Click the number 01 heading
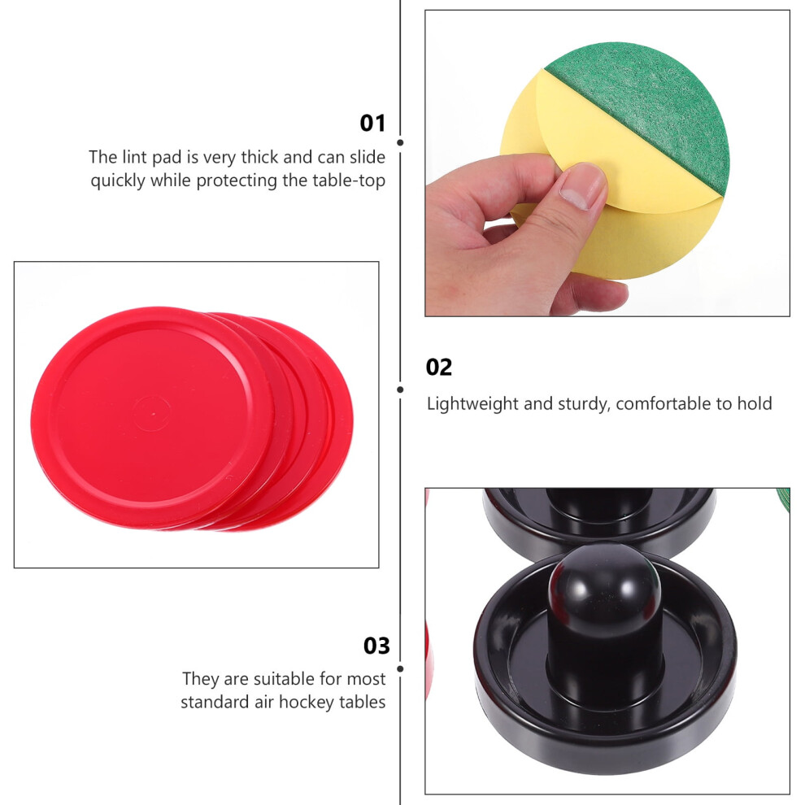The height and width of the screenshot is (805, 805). pyautogui.click(x=372, y=124)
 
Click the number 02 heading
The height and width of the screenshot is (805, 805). pyautogui.click(x=439, y=367)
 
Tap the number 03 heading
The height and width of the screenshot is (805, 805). pyautogui.click(x=376, y=646)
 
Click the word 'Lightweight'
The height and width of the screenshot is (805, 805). pyautogui.click(x=472, y=404)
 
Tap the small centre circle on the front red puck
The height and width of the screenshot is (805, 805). pyautogui.click(x=152, y=413)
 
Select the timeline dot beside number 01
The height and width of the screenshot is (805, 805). pyautogui.click(x=400, y=143)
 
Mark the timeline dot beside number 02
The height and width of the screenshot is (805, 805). pyautogui.click(x=400, y=389)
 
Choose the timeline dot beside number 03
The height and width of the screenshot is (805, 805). pyautogui.click(x=400, y=669)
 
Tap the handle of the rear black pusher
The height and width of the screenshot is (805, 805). pyautogui.click(x=598, y=506)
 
